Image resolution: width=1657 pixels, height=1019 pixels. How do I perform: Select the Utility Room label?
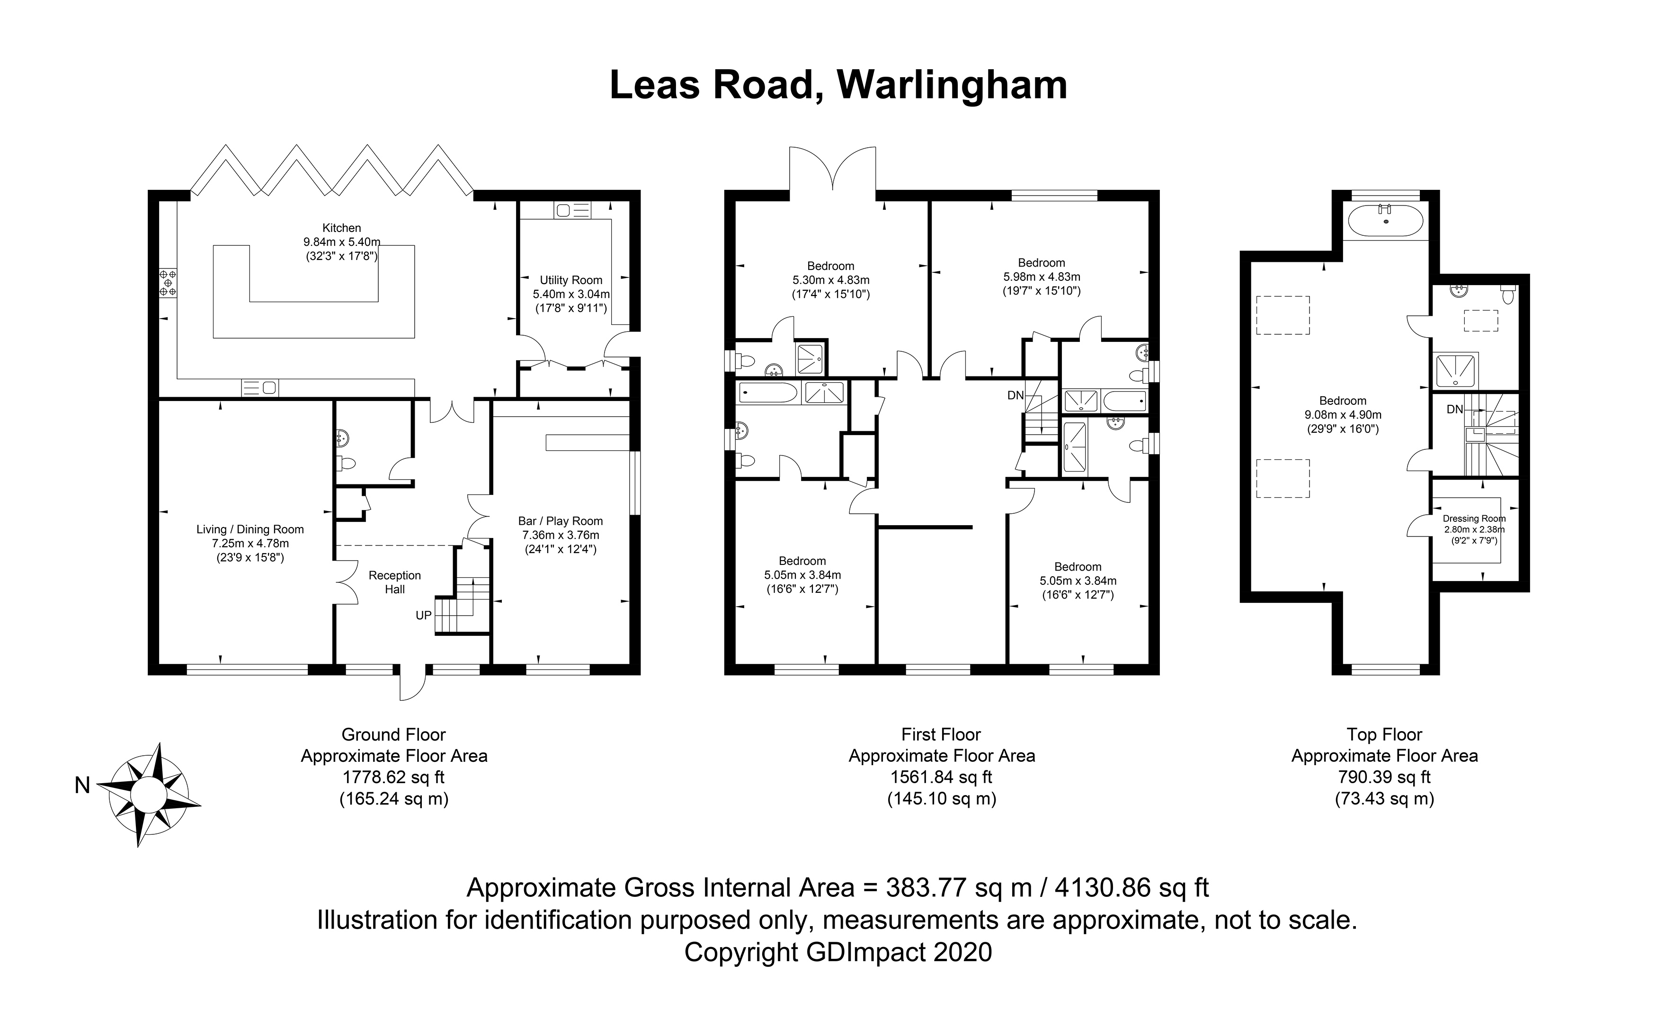click(571, 280)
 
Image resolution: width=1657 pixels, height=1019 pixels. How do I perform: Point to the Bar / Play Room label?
click(560, 520)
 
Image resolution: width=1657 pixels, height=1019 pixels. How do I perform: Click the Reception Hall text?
click(395, 582)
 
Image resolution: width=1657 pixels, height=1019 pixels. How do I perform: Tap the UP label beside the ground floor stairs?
click(423, 615)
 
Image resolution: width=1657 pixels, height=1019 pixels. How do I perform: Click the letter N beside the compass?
click(82, 785)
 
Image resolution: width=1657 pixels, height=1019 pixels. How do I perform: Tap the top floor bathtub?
click(1385, 220)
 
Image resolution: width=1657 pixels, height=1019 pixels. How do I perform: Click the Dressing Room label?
click(1474, 518)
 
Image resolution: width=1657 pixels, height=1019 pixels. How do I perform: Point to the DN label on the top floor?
click(1454, 409)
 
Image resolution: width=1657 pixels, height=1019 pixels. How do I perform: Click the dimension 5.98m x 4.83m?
click(1041, 277)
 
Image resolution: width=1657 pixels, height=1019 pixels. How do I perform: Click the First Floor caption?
click(941, 734)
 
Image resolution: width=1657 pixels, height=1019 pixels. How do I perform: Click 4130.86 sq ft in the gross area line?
click(1132, 887)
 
